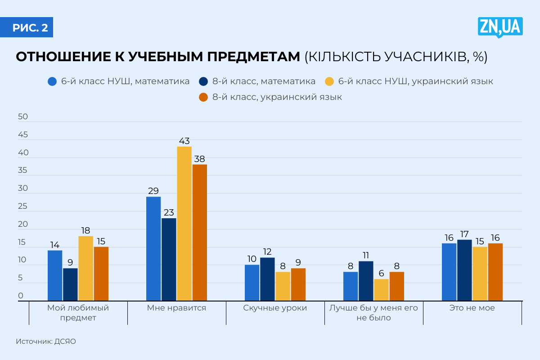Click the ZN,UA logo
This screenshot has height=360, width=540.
tap(500, 27)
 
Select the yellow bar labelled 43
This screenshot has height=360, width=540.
tap(184, 223)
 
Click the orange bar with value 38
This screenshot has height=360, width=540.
tap(199, 232)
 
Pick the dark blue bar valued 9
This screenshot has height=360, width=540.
tap(70, 284)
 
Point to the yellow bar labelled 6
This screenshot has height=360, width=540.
tap(381, 290)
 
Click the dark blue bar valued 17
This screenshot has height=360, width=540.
tap(464, 270)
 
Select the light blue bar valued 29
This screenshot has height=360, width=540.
tap(153, 248)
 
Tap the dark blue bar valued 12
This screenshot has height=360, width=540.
tap(267, 279)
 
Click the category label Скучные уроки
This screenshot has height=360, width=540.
tap(275, 308)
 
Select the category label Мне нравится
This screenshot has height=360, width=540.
tap(176, 308)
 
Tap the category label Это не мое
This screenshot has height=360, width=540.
tap(472, 308)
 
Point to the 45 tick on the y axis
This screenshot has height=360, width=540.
tap(22, 135)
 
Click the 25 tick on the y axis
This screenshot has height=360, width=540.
tap(22, 207)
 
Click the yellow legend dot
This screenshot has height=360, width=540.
tap(329, 82)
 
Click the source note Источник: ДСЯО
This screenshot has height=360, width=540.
tap(46, 342)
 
